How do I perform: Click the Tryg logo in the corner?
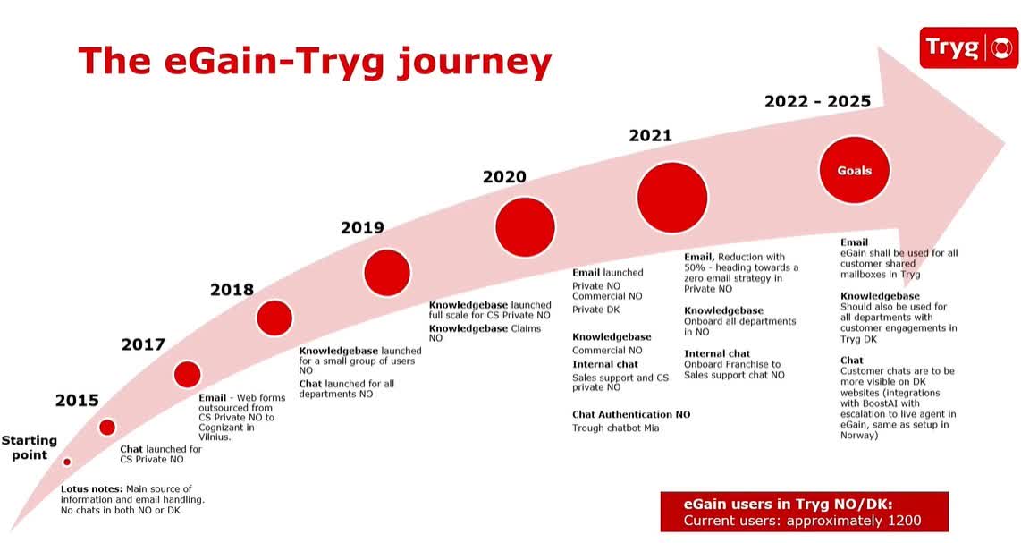(x=968, y=47)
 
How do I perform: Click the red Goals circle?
(x=854, y=170)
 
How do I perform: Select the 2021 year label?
(x=650, y=136)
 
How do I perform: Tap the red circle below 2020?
(x=525, y=227)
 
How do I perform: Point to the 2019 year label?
(x=362, y=227)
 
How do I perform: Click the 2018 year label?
(x=232, y=290)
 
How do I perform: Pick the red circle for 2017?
(x=187, y=374)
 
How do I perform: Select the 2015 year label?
(x=77, y=400)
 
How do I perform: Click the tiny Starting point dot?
(x=66, y=462)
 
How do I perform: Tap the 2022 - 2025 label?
(x=817, y=101)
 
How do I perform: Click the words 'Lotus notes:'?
(x=91, y=488)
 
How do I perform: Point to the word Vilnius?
(x=215, y=437)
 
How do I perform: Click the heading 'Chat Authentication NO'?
(x=631, y=414)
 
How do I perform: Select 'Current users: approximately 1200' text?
(x=802, y=521)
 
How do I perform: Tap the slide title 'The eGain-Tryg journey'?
(x=315, y=61)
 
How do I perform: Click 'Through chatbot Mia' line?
(x=616, y=428)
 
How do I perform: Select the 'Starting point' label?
(x=29, y=447)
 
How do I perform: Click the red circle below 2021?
(x=672, y=198)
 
